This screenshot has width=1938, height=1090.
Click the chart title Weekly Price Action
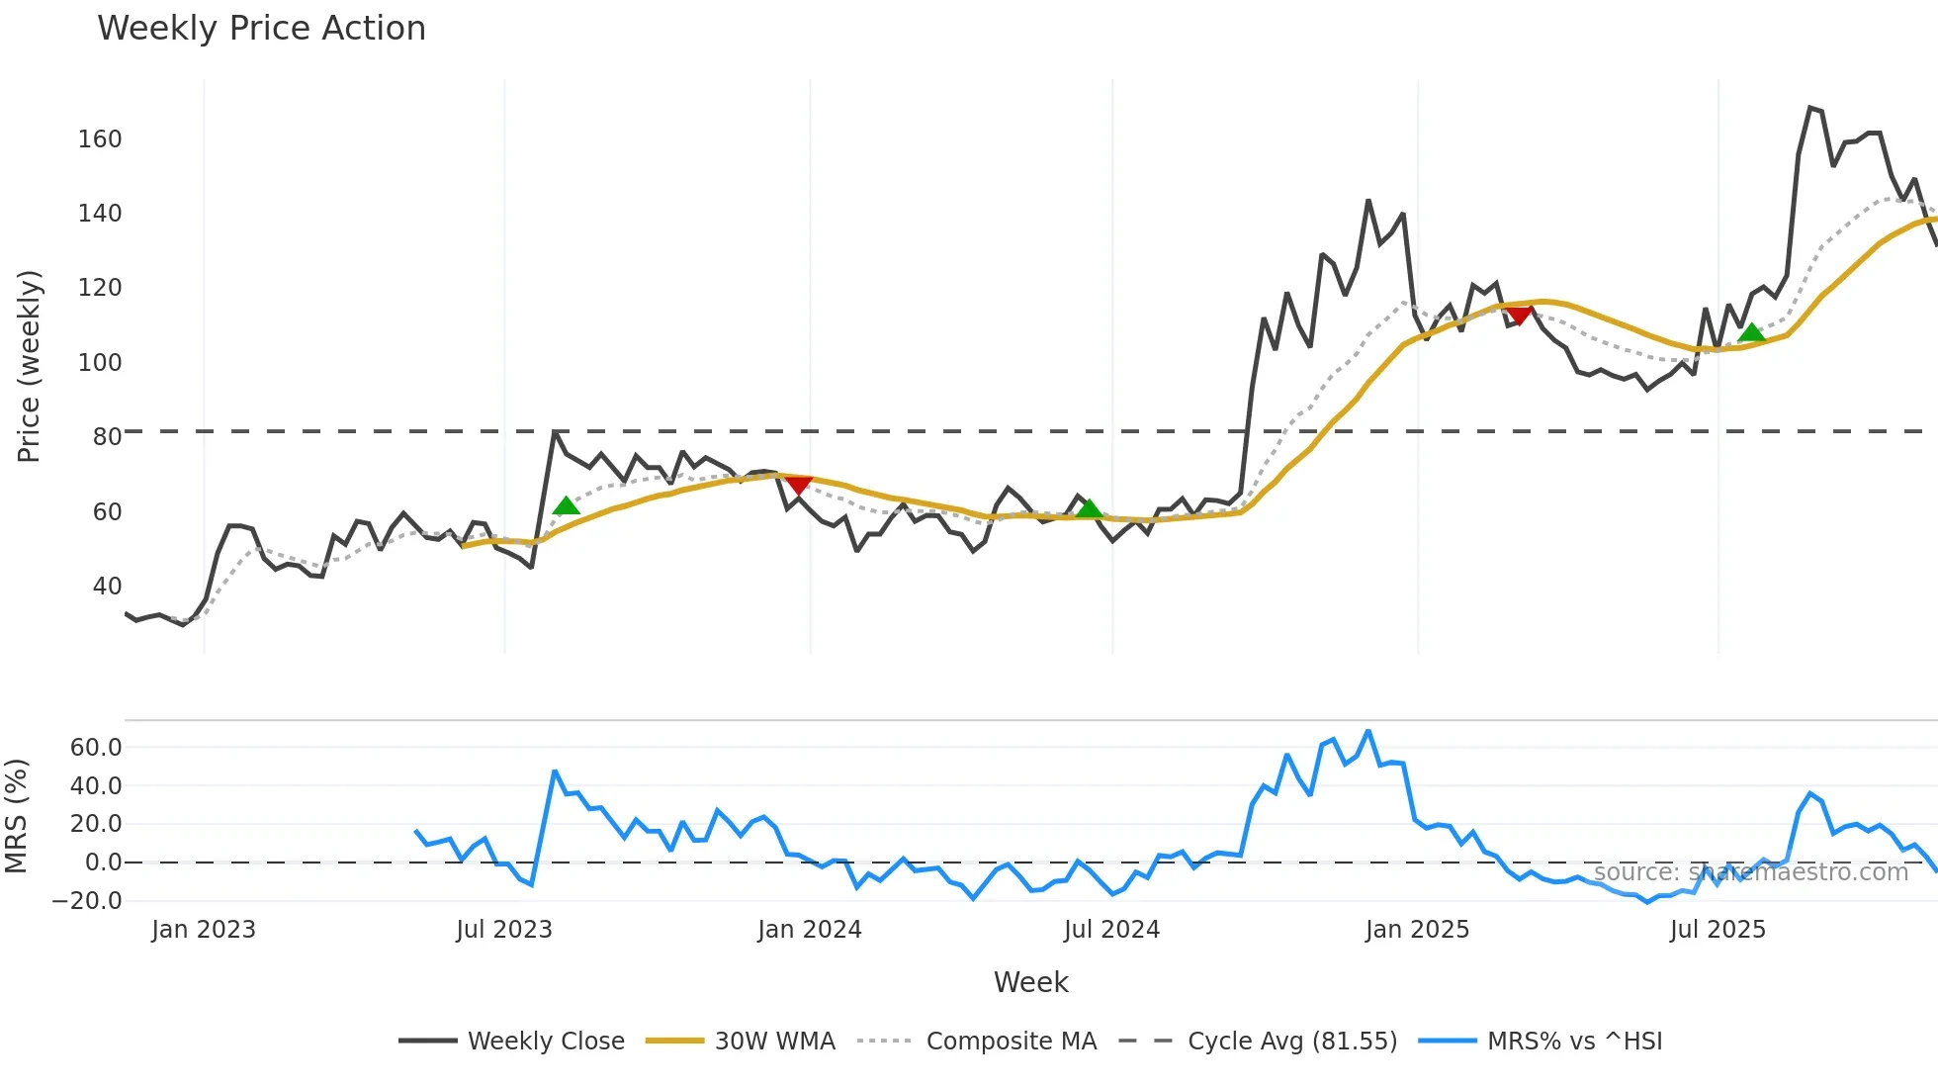(261, 29)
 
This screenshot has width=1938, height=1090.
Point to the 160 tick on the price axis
(100, 139)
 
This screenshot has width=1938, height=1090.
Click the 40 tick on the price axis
(107, 587)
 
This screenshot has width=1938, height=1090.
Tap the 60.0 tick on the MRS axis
(96, 748)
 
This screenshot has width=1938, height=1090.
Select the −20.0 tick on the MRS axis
(87, 901)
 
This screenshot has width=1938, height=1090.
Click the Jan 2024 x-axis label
(810, 931)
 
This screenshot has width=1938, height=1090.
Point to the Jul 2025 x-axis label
(1718, 931)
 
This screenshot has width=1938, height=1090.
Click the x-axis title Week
(1030, 983)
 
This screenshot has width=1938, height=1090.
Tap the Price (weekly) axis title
(29, 366)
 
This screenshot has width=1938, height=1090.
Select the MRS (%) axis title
(16, 816)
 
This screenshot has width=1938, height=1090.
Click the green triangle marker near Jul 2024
(1089, 508)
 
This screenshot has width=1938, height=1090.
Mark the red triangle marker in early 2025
(1519, 316)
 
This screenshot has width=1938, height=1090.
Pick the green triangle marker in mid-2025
(1751, 332)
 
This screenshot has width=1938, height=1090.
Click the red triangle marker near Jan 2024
(798, 485)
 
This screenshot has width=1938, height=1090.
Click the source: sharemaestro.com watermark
(1750, 872)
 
